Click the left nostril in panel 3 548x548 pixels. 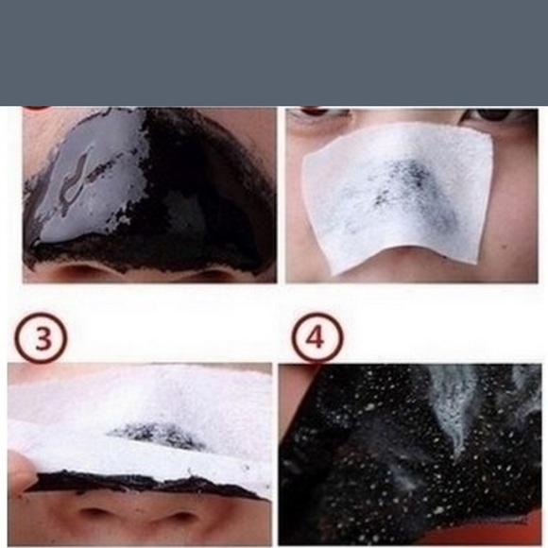95,515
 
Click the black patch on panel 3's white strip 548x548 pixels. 159,435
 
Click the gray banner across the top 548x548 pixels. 274,52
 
